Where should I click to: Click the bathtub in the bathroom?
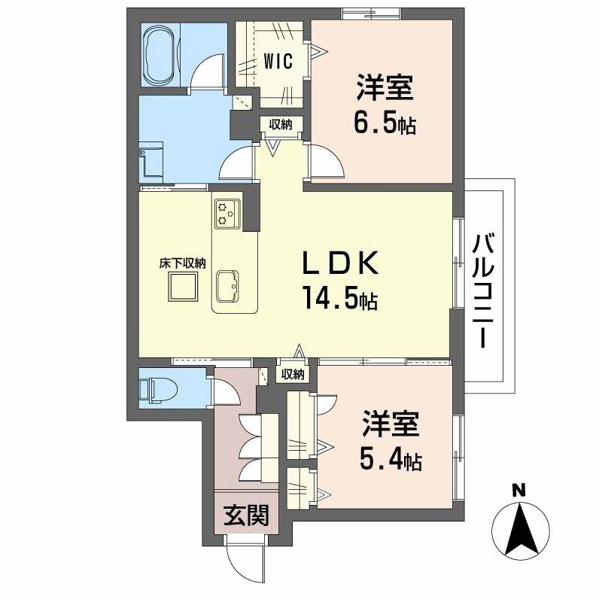159,56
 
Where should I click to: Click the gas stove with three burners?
227,212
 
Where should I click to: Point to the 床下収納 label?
182,263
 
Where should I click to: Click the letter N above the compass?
518,490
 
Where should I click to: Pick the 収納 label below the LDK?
293,374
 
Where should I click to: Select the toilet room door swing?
225,391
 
